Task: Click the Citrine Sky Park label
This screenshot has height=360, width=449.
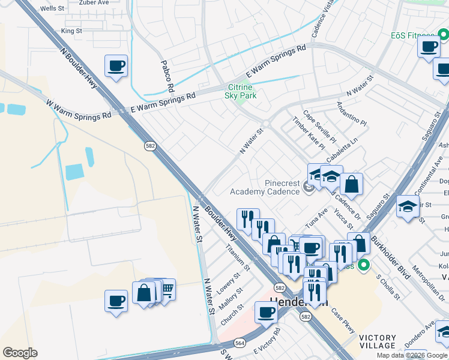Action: pyautogui.click(x=240, y=91)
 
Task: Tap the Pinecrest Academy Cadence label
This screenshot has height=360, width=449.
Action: pyautogui.click(x=265, y=187)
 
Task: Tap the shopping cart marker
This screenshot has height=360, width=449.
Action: pyautogui.click(x=166, y=290)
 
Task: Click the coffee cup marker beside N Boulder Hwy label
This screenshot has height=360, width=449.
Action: pyautogui.click(x=116, y=66)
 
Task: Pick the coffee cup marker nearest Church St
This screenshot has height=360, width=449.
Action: pyautogui.click(x=266, y=312)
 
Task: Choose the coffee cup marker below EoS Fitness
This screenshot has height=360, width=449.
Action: pyautogui.click(x=429, y=48)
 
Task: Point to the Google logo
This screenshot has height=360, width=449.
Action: pyautogui.click(x=20, y=352)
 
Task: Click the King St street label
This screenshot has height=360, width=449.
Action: pyautogui.click(x=71, y=31)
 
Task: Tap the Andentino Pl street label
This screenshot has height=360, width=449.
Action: pyautogui.click(x=351, y=112)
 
